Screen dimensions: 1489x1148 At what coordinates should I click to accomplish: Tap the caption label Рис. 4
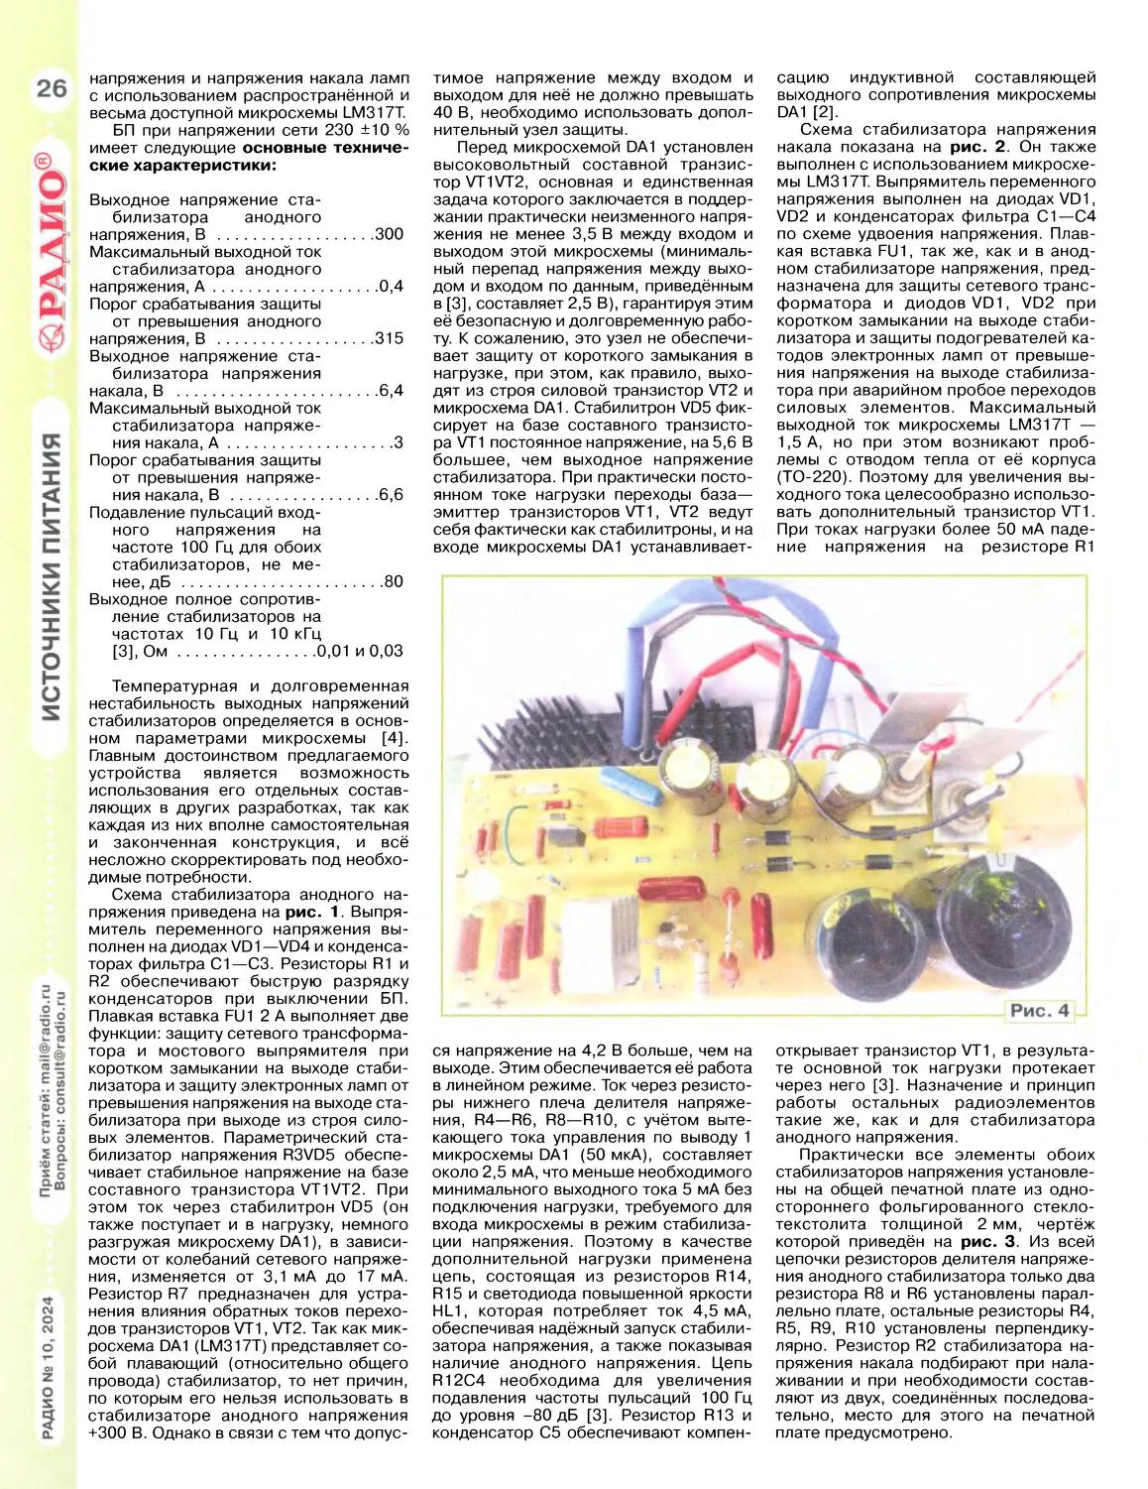(1039, 1011)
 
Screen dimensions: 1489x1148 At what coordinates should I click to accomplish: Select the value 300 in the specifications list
(390, 234)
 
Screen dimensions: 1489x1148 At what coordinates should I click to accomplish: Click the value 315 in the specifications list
(390, 338)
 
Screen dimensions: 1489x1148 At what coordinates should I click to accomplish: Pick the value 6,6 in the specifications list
(391, 494)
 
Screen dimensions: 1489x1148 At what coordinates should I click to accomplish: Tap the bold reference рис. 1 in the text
(311, 911)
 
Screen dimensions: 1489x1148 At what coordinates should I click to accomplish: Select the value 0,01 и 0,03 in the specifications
(360, 651)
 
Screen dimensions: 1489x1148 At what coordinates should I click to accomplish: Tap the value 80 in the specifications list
(394, 581)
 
